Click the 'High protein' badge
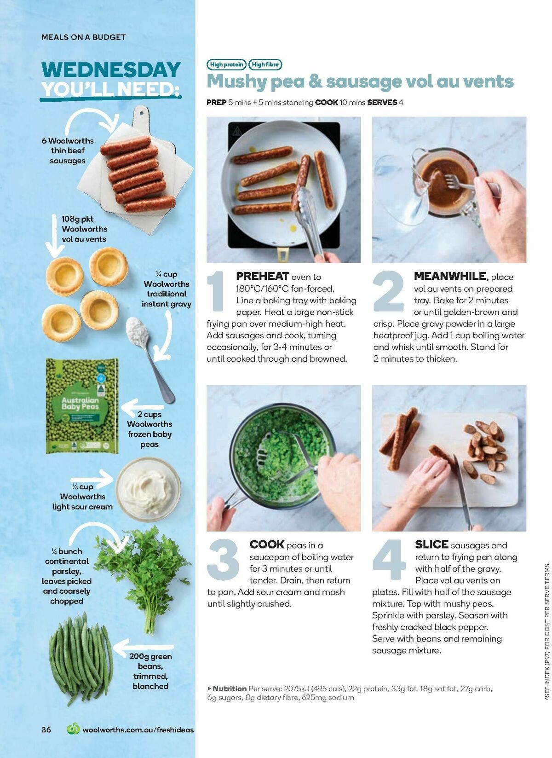tap(226, 65)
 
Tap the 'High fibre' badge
tap(265, 65)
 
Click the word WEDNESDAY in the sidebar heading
tap(111, 69)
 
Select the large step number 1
tap(215, 292)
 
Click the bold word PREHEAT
tap(262, 276)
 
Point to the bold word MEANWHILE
tap(450, 276)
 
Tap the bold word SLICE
tap(431, 544)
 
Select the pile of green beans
tap(81, 658)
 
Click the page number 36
tap(46, 729)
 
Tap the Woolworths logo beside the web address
tap(73, 729)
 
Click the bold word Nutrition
tap(229, 689)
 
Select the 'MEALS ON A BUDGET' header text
tap(83, 37)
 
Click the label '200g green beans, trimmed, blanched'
tap(150, 671)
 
